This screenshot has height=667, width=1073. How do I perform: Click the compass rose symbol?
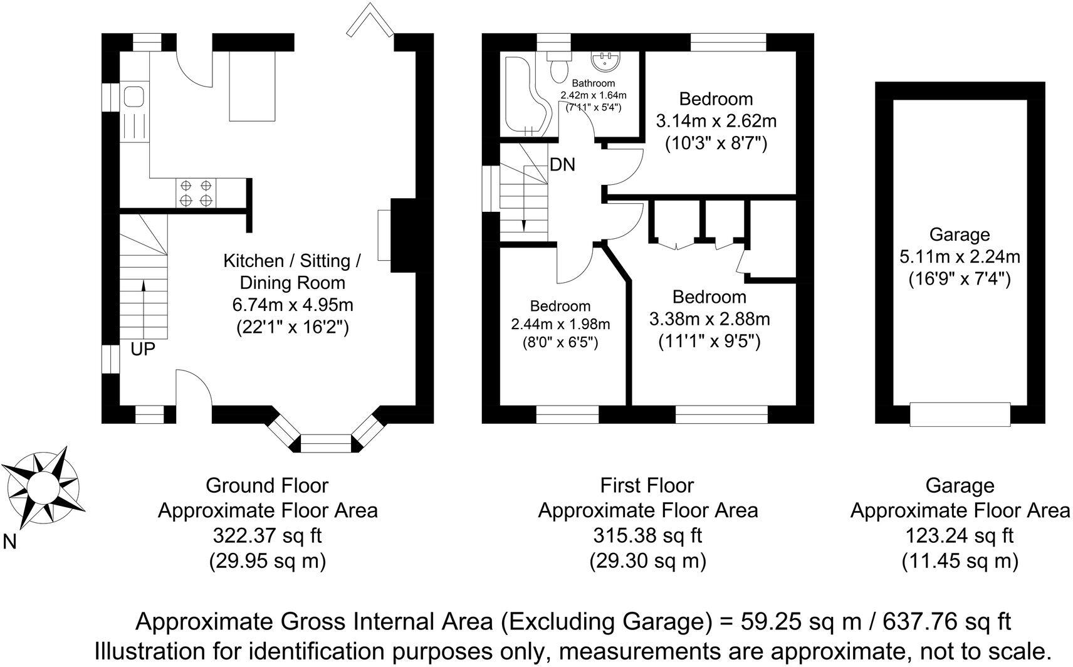pyautogui.click(x=41, y=486)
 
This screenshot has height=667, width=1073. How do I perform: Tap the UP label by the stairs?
pyautogui.click(x=143, y=349)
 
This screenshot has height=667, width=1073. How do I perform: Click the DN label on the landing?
pyautogui.click(x=562, y=165)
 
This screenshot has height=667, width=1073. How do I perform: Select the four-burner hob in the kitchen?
pyautogui.click(x=196, y=192)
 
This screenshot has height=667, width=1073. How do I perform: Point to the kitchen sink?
pyautogui.click(x=134, y=98)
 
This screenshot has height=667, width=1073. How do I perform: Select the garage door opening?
pyautogui.click(x=960, y=414)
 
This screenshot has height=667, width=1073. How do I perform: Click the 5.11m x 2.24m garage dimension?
pyautogui.click(x=960, y=256)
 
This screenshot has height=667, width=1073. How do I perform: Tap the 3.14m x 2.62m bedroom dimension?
pyautogui.click(x=716, y=121)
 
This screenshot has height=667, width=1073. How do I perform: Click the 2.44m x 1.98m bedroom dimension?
pyautogui.click(x=560, y=325)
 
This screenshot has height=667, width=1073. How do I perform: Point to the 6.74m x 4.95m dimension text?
pyautogui.click(x=293, y=305)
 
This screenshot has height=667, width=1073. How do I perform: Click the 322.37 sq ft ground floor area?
pyautogui.click(x=268, y=536)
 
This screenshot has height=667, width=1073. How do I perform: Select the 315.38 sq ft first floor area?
pyautogui.click(x=647, y=536)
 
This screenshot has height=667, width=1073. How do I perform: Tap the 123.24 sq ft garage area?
pyautogui.click(x=960, y=536)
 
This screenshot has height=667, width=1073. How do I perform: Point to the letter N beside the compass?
pyautogui.click(x=9, y=542)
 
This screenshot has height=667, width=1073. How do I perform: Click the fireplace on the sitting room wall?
pyautogui.click(x=384, y=236)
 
